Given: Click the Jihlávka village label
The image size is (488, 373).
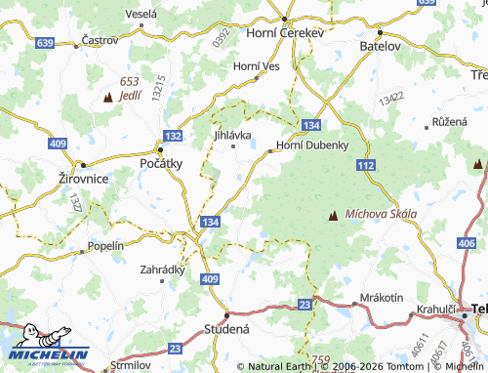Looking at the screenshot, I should click(x=232, y=135).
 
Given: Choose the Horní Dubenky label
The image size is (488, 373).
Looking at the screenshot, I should click(x=313, y=145).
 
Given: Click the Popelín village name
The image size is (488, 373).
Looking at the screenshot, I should click(x=105, y=246).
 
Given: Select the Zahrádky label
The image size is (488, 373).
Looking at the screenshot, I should click(x=162, y=269).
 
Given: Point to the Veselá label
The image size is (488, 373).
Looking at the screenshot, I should click(x=142, y=14).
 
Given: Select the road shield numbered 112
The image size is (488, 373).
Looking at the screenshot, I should click(x=366, y=167).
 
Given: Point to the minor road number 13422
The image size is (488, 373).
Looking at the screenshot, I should click(x=392, y=100).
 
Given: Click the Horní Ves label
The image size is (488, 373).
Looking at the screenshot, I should click(x=257, y=65).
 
